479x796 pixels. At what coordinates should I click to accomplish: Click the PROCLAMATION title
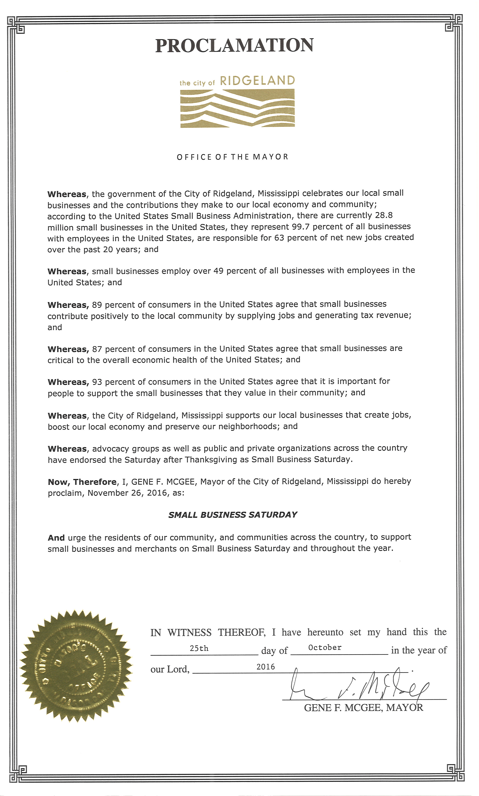(x=234, y=46)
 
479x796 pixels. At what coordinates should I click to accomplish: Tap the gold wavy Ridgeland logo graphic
(x=237, y=108)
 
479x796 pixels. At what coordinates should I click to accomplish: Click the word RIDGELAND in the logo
(x=257, y=81)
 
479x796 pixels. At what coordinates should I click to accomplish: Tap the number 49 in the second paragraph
(x=218, y=271)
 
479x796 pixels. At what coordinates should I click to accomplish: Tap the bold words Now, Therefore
(x=82, y=482)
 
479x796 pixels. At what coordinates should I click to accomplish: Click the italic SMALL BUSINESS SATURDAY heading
(x=233, y=515)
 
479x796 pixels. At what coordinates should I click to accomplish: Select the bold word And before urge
(x=56, y=538)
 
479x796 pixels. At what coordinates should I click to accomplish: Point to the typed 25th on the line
(x=199, y=648)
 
